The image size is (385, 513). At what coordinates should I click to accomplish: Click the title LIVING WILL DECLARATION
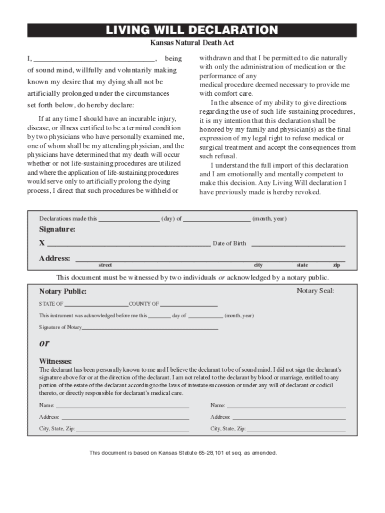point(192,31)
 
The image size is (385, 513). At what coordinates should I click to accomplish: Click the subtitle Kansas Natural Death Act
point(192,44)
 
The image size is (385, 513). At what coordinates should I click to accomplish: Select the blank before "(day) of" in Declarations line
point(129,219)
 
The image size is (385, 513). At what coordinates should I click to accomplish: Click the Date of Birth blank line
point(298,244)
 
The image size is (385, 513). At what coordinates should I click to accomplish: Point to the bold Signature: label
point(57,229)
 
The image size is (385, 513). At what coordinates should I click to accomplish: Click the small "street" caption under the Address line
point(105,265)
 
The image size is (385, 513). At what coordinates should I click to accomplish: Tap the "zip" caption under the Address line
point(336,265)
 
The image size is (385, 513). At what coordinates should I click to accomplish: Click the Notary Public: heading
point(63,292)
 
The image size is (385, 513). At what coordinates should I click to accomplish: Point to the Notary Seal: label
point(315,291)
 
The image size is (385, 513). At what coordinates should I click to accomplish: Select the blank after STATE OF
point(96,305)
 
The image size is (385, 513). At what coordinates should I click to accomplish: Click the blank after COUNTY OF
point(189,305)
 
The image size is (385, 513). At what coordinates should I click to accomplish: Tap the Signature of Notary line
point(150,328)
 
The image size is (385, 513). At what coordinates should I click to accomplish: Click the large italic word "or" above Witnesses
point(44,344)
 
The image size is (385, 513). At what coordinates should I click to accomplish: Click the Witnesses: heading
point(55,362)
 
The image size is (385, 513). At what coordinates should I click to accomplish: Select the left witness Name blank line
point(122,406)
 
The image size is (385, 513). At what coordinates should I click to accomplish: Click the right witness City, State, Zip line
point(296,430)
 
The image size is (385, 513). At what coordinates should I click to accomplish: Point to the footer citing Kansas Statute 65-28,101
point(183,453)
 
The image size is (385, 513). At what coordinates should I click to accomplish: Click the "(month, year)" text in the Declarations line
point(269,219)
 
